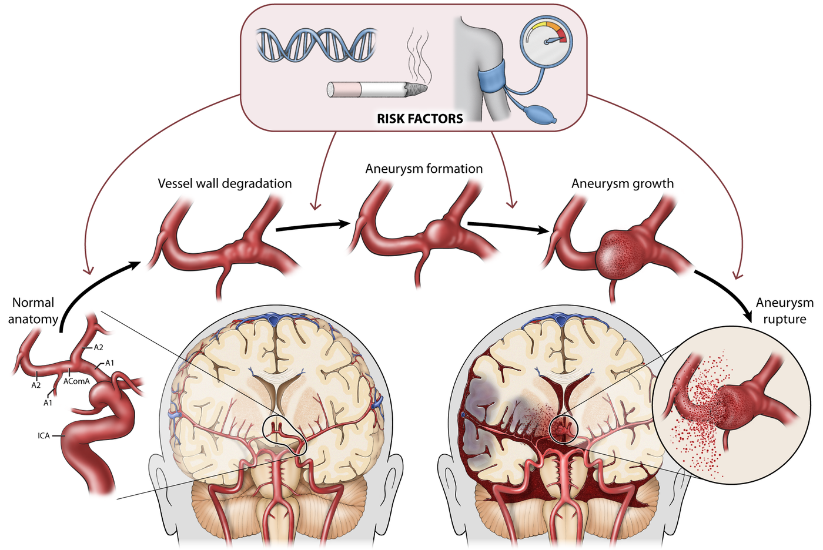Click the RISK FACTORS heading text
(x=420, y=119)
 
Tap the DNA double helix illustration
(x=316, y=45)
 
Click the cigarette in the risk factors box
(x=377, y=89)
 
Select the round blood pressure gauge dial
(x=546, y=41)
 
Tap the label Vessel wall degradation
(x=225, y=183)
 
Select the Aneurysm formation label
(x=424, y=169)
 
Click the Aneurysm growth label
(x=623, y=183)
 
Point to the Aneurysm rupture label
(x=784, y=311)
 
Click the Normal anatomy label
(x=33, y=311)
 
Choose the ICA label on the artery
(x=44, y=435)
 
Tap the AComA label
(x=76, y=381)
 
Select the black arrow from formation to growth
(x=508, y=227)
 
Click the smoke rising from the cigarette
(x=419, y=55)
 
